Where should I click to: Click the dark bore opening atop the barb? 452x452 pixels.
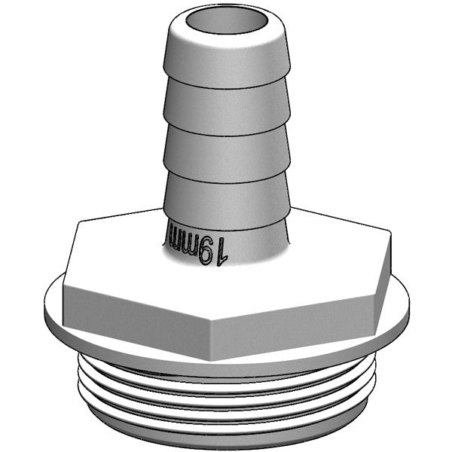click(226, 22)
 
